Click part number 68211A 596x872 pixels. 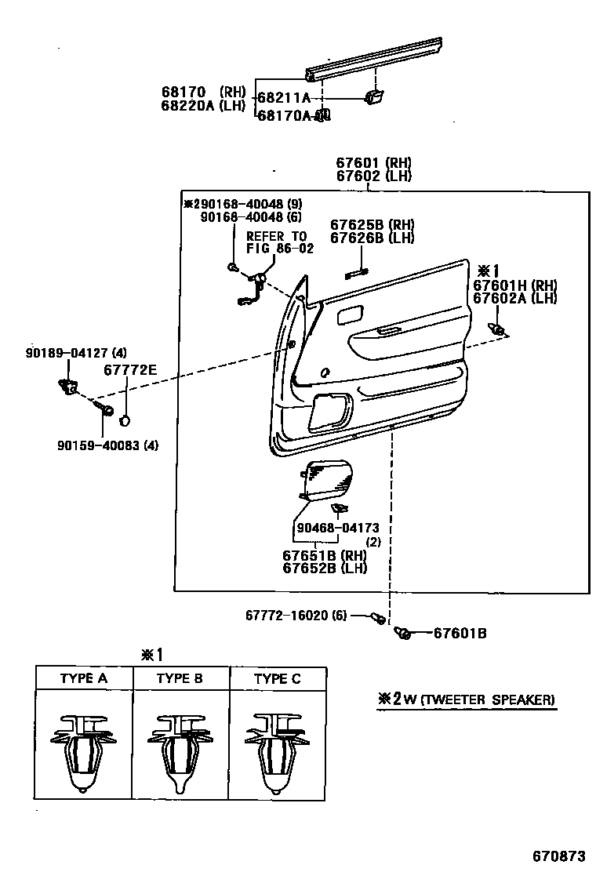[x=284, y=98]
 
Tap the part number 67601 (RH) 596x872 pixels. [x=373, y=163]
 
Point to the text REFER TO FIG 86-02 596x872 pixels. [x=279, y=242]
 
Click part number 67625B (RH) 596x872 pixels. [x=372, y=224]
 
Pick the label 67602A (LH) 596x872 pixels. [x=514, y=299]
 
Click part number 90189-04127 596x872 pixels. [x=64, y=353]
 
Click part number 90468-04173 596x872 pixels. [x=337, y=529]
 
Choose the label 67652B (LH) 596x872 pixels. [x=324, y=569]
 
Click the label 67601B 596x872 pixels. [x=460, y=633]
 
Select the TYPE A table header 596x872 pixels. [x=83, y=678]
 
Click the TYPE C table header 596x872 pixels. [x=277, y=678]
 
